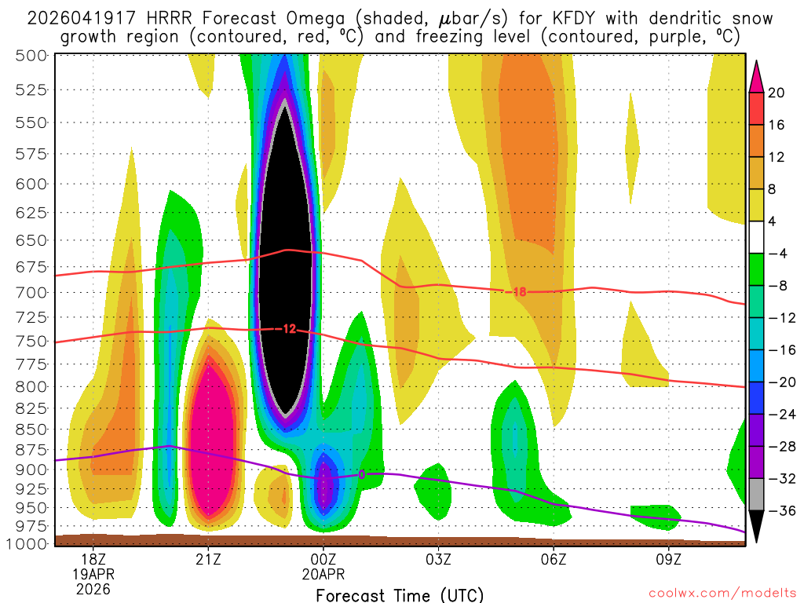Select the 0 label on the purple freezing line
(x=361, y=474)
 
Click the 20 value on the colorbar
(x=777, y=93)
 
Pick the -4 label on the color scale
(x=777, y=254)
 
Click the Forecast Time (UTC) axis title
(x=400, y=594)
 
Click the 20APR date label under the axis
(x=323, y=574)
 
